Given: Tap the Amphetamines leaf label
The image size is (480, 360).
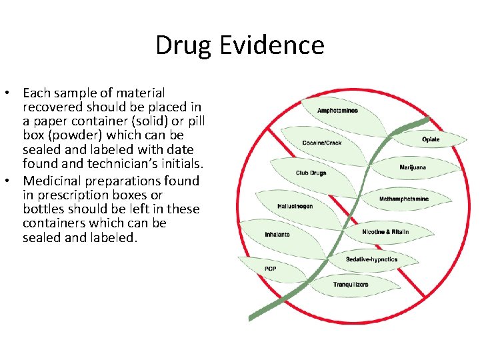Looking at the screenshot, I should tap(337, 111).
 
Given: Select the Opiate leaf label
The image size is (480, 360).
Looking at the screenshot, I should tap(431, 139).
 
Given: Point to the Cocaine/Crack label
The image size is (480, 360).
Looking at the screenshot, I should tap(321, 143).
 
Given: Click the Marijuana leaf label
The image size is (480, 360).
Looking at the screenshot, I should tap(413, 167).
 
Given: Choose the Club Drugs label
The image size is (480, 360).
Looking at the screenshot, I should tap(311, 173).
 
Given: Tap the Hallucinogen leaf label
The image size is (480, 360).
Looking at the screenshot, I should tap(295, 207).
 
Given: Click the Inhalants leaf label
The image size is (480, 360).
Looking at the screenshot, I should tap(277, 235).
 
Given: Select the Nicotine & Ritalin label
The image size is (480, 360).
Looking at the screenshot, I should tap(385, 232).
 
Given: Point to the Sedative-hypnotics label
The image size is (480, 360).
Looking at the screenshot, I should tap(371, 259).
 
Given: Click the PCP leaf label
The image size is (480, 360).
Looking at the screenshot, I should tap(270, 269).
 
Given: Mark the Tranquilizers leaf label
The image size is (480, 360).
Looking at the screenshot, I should tap(351, 285).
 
